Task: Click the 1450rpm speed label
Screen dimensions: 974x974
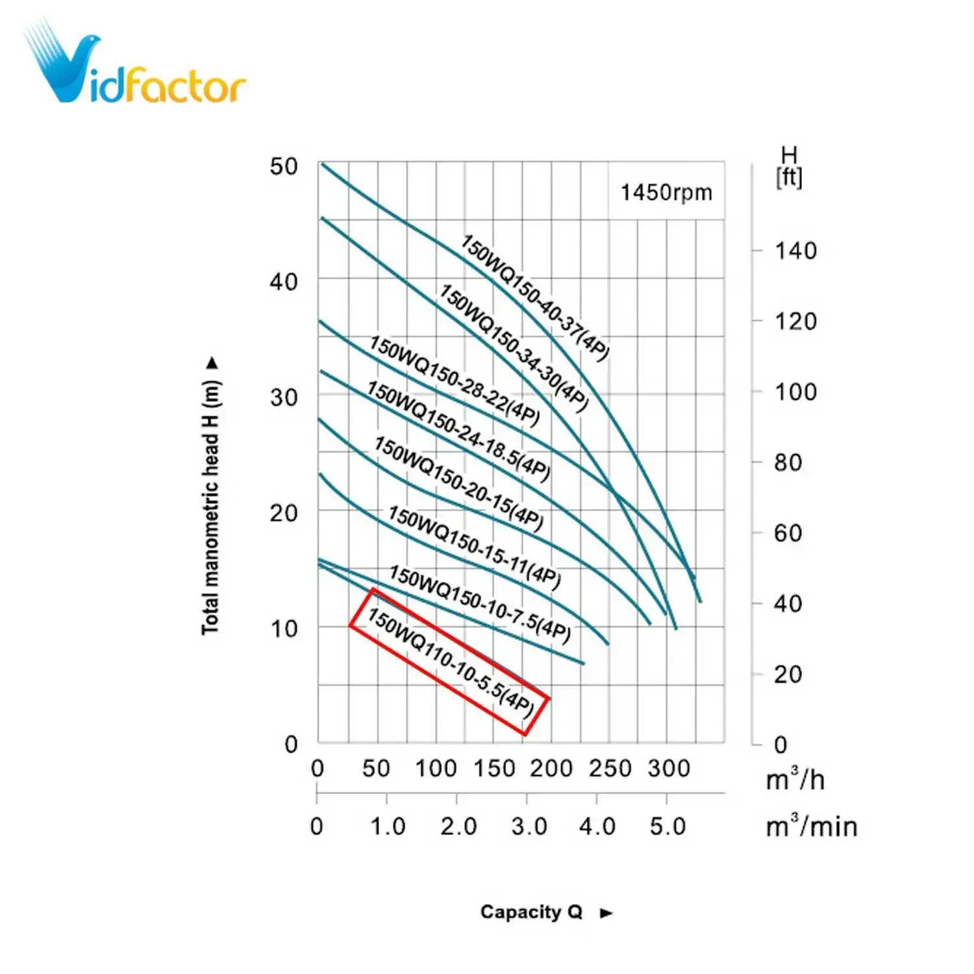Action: (x=666, y=193)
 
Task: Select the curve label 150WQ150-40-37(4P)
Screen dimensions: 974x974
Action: (x=535, y=298)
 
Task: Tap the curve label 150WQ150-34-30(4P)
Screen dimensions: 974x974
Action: (x=514, y=348)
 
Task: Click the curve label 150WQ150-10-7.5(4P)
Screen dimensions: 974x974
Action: (x=480, y=604)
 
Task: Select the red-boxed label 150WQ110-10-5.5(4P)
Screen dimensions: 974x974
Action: (x=450, y=662)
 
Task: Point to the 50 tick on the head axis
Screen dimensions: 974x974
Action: (x=284, y=167)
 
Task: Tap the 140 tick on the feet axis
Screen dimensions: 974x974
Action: (x=795, y=251)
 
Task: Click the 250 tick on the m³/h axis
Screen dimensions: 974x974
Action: (x=610, y=769)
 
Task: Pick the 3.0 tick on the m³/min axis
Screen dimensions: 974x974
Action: (x=529, y=827)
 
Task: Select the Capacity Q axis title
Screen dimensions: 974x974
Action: (x=531, y=912)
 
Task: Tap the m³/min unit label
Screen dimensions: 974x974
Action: (x=811, y=827)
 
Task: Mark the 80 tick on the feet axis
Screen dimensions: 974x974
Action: (x=788, y=463)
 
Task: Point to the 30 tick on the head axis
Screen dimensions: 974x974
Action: (x=284, y=397)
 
